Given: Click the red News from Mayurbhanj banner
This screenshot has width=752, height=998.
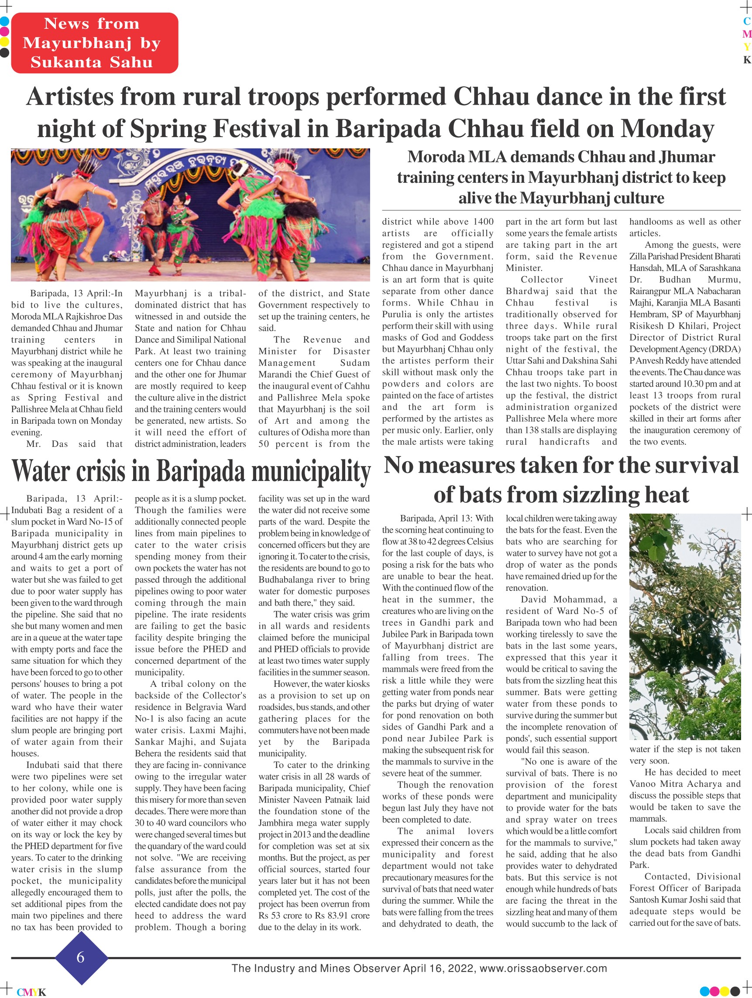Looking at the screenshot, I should point(94,43).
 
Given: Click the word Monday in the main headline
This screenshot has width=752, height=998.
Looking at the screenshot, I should point(667,129).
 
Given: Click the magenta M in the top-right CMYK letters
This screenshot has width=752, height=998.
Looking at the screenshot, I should point(747,34).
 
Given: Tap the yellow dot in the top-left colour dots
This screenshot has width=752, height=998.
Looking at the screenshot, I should point(4,42).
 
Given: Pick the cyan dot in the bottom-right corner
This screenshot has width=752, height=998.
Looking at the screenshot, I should point(704,991).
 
